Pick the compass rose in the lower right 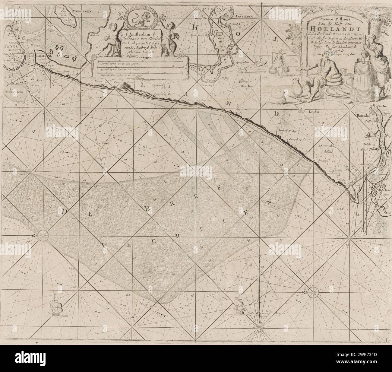click(x=314, y=292)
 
